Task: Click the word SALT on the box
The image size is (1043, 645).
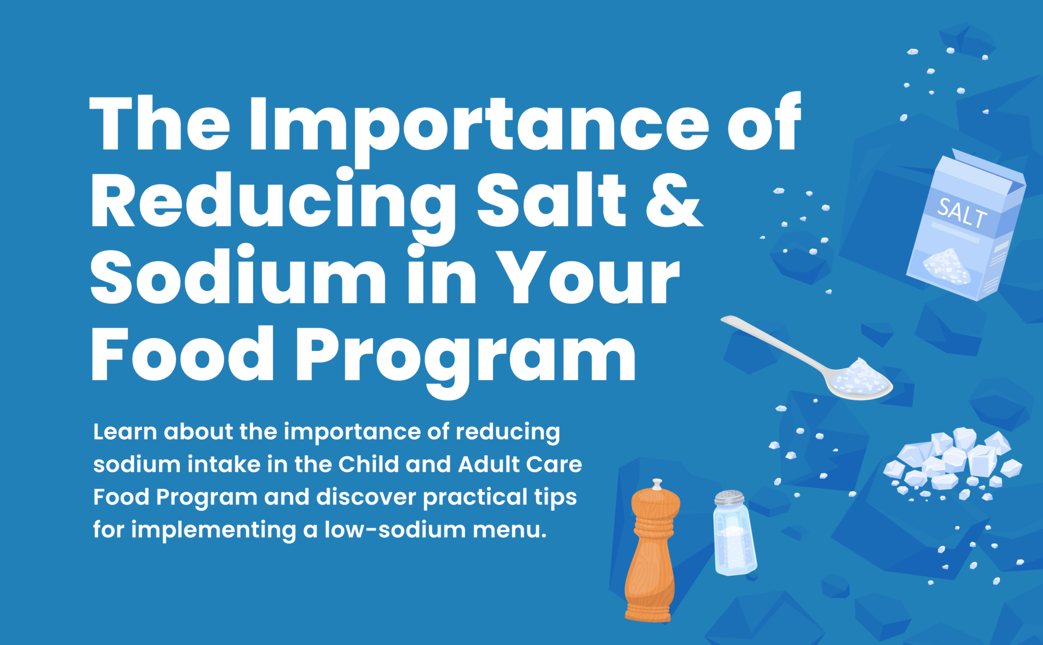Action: [962, 213]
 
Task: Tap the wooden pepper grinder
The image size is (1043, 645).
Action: [651, 554]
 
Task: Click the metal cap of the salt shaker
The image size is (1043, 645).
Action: [729, 497]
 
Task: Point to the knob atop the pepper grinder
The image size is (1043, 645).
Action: [657, 483]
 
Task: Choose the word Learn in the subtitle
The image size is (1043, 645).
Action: [125, 432]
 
